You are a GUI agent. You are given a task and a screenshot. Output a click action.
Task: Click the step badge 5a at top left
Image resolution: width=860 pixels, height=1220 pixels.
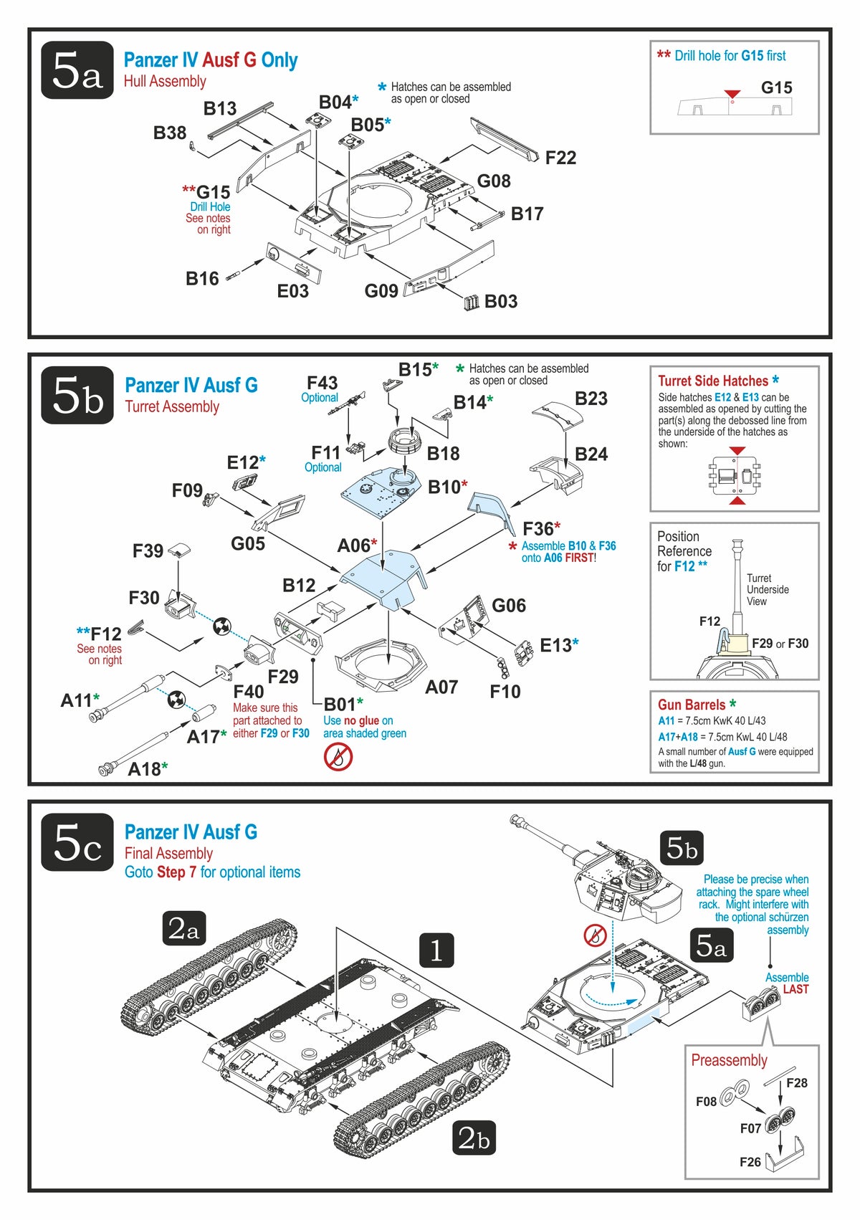[77, 70]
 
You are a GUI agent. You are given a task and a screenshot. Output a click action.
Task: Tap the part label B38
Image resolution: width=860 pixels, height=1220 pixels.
[170, 133]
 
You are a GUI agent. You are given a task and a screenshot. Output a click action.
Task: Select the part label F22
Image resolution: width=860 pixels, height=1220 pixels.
[560, 158]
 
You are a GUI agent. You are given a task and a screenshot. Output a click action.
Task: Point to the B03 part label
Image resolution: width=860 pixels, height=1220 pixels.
[500, 301]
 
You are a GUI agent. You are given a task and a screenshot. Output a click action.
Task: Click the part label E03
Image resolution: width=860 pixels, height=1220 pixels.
[292, 291]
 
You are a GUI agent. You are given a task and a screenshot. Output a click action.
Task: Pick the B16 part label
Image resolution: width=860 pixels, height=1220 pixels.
[202, 279]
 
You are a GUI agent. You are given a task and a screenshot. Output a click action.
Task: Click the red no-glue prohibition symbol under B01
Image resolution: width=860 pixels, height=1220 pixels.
[338, 756]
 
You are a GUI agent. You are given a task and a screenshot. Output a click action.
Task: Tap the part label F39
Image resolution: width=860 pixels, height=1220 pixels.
[148, 551]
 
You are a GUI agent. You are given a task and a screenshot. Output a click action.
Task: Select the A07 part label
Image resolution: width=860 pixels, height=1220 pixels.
[441, 687]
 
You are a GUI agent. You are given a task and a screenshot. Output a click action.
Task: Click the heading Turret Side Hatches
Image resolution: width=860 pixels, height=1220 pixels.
[712, 381]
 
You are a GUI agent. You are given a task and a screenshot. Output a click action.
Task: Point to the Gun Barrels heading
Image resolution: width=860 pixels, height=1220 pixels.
[692, 705]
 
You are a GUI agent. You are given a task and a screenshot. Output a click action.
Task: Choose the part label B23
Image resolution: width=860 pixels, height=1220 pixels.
[591, 399]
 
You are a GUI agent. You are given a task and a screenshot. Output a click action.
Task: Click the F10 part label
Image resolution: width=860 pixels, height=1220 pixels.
[505, 692]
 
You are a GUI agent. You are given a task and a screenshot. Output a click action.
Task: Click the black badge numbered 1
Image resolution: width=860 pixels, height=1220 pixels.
[436, 950]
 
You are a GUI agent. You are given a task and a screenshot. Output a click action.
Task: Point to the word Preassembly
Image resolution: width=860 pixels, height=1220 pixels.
[729, 1060]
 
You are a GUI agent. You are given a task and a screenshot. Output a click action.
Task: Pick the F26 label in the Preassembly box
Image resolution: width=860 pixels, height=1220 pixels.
[750, 1162]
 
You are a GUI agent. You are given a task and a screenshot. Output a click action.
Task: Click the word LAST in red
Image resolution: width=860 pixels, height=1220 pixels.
[795, 989]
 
